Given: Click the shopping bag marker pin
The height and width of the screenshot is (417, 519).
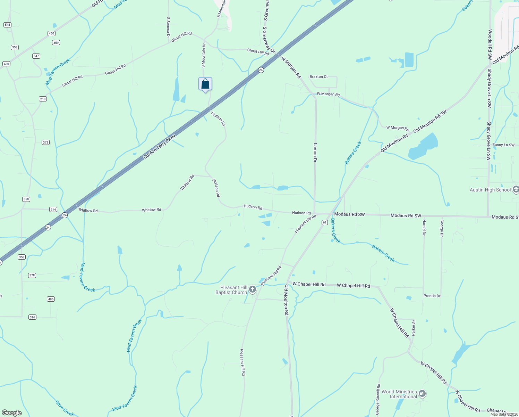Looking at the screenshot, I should [205, 84].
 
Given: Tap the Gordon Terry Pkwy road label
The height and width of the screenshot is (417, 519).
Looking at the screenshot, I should [160, 147].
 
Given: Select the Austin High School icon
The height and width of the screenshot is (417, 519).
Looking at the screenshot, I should [516, 189].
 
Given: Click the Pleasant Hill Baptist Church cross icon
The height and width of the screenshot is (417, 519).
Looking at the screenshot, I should [253, 289].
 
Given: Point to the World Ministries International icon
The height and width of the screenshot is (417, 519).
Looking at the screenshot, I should [422, 394].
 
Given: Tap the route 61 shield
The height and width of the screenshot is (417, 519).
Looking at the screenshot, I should [325, 222].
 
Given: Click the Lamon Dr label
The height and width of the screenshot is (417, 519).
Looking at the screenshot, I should [315, 153].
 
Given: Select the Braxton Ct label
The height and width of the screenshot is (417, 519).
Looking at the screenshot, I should [318, 76].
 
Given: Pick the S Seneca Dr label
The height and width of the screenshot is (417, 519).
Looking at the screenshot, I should [168, 27].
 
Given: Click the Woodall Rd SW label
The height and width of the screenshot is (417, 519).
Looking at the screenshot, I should [490, 44].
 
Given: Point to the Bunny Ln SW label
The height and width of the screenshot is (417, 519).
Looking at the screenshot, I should [503, 145].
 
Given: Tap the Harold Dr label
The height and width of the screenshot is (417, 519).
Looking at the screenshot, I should [424, 227].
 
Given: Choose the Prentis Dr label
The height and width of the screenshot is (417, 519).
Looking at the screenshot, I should [432, 296].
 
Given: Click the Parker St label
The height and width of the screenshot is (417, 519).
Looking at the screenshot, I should [414, 328].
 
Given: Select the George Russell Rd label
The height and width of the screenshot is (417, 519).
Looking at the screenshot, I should [378, 399].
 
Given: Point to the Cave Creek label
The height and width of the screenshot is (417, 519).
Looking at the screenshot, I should [65, 408].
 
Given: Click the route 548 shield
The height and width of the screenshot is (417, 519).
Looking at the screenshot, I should [7, 25].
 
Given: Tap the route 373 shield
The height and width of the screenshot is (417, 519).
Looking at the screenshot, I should [45, 142].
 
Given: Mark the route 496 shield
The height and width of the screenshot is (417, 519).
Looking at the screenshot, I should [51, 299].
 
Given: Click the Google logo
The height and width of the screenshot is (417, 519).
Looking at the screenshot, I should [11, 412].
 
